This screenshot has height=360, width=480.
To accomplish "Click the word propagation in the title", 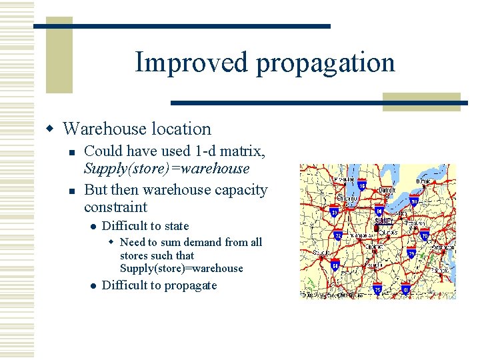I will coord(325,63).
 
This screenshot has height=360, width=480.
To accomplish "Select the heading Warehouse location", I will coord(137,129).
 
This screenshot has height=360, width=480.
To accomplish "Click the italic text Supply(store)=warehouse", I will coord(167,169).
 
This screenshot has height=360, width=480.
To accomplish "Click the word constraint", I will coord(115,207).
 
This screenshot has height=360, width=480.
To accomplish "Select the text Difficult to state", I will coord(145,226).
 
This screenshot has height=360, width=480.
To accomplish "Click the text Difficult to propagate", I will coord(159,285).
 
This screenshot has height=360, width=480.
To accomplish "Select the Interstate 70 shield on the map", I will coord(425,235).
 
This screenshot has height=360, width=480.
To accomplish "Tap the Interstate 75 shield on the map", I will coord(378,290).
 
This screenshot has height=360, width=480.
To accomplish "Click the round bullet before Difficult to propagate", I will coord(93,286).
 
